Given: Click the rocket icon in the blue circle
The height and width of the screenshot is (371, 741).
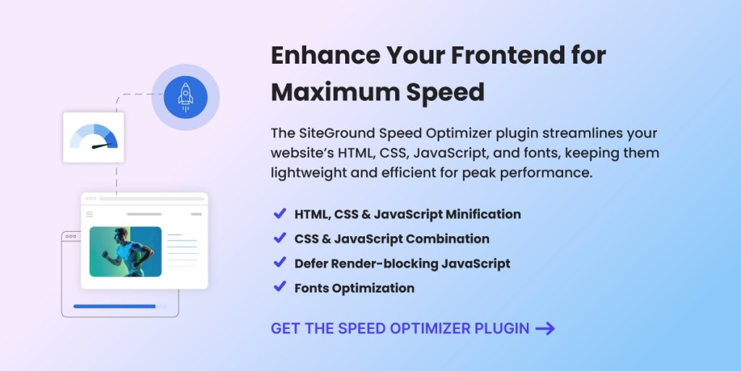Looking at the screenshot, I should click(x=185, y=97).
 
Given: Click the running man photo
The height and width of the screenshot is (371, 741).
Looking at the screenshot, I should click(x=125, y=251).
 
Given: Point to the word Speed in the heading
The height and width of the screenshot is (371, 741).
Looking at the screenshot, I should click(x=448, y=93).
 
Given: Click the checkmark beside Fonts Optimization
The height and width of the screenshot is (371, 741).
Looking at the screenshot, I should click(x=279, y=287).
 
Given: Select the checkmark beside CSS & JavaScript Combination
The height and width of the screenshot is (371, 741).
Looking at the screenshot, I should click(x=279, y=238).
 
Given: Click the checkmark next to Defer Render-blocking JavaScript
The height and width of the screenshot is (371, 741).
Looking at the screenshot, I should click(x=279, y=262).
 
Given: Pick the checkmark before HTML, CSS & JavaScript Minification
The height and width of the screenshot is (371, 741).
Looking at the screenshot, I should click(x=279, y=214).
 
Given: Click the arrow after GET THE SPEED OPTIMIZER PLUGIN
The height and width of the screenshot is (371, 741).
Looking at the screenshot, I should click(x=545, y=328).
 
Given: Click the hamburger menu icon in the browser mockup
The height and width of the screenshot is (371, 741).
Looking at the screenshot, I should click(x=90, y=214).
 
